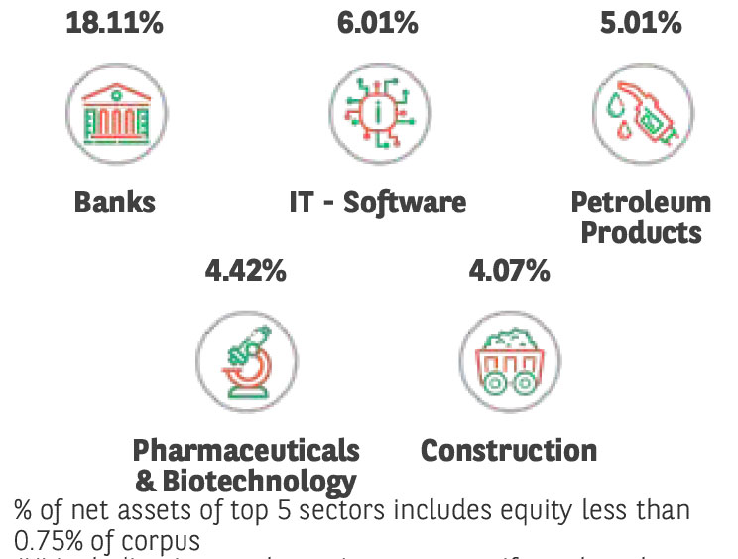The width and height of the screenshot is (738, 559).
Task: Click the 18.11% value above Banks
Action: [x=114, y=22]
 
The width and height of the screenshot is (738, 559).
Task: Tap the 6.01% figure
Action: [x=378, y=22]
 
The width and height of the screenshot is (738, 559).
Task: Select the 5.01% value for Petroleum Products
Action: [x=641, y=22]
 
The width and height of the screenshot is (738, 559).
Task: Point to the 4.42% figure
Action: [x=245, y=270]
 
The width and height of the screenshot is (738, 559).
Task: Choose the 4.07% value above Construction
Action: [x=509, y=270]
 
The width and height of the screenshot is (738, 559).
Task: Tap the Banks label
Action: [x=115, y=203]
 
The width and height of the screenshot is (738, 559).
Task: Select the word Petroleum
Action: [x=641, y=203]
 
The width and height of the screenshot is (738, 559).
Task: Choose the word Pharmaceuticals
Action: [x=246, y=450]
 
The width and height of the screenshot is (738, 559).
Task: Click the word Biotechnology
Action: [x=258, y=482]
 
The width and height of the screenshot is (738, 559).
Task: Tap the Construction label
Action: [x=509, y=450]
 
